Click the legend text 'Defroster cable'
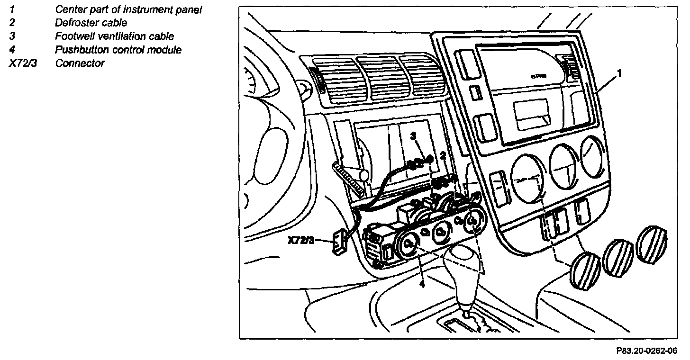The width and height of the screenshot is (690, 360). point(91,22)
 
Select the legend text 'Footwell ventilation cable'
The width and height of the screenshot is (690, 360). point(114,36)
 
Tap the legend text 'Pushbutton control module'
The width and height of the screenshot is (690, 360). point(118,50)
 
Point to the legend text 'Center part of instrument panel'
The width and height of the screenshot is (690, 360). point(129,9)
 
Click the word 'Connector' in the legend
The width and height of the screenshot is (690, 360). point(80,63)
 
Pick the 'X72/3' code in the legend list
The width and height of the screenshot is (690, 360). point(22,63)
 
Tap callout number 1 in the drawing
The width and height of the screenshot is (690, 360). point(619,74)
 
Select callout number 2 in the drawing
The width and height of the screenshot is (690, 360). point(443,155)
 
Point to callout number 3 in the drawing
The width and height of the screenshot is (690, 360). point(413,136)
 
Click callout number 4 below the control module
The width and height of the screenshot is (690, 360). point(421,284)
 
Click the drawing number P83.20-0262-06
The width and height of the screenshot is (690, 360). point(646,351)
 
